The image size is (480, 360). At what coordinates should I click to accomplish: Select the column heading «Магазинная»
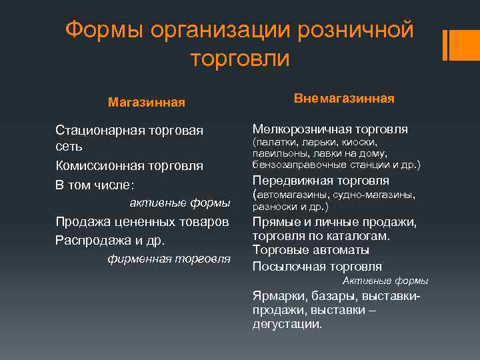coord(147,103)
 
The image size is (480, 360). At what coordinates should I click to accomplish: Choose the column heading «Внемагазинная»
coord(344,99)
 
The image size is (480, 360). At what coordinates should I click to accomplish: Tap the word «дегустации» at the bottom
coord(287,325)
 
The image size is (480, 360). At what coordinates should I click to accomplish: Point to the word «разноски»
coord(274,207)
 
